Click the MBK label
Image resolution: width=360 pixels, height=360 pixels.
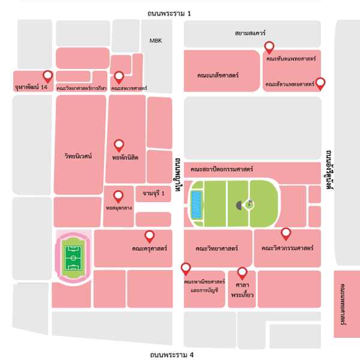coord(156,40)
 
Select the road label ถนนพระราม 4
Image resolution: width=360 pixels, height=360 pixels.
coord(172,355)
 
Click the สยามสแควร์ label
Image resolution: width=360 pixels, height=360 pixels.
coord(251,34)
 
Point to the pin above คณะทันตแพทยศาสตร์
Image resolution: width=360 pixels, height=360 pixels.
coord(270,47)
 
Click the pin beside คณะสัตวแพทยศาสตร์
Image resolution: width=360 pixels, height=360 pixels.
coord(321,83)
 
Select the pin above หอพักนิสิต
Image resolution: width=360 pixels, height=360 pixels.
coord(119,145)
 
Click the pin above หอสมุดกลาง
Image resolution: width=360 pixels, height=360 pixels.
coord(119,196)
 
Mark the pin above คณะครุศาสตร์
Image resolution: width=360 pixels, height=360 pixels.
coord(150,236)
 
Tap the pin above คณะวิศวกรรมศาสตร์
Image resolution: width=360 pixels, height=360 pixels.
coord(286,233)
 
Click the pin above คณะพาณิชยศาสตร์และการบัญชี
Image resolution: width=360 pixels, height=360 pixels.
coord(186,268)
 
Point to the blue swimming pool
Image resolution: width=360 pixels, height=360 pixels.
coord(196,205)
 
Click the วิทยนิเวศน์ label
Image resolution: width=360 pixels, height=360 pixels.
coord(77,156)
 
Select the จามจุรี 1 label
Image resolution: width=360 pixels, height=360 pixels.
coord(154,194)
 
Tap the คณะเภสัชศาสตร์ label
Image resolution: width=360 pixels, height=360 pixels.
coord(218,76)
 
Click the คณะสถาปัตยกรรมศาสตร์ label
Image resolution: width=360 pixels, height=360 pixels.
coord(222,170)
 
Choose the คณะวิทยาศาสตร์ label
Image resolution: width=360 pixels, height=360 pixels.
coord(217,248)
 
